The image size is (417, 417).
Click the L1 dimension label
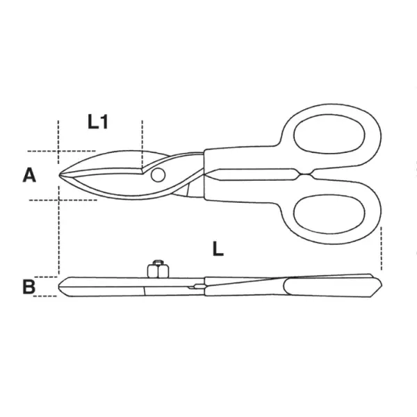98,122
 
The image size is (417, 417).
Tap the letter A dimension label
29,176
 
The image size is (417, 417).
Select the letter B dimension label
28,286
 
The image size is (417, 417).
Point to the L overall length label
218,249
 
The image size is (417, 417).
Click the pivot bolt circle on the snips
158,175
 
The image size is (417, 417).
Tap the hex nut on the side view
158,269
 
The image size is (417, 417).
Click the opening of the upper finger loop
329,134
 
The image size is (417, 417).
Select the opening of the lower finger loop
329,214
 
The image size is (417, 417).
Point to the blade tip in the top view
59,175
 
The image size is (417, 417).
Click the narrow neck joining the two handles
306,174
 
